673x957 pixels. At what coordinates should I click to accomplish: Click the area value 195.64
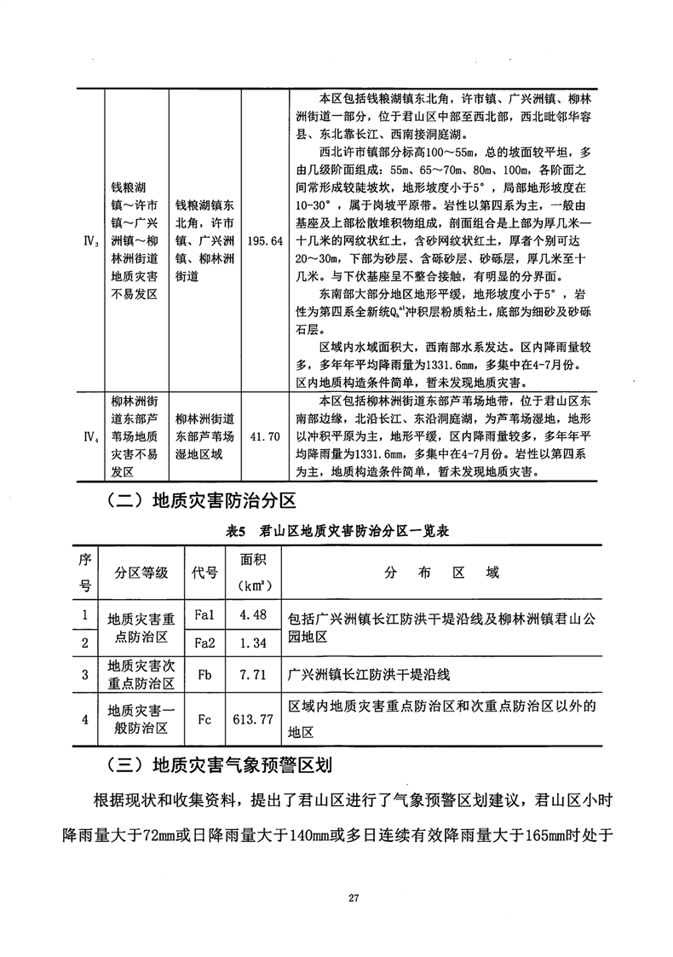[x=263, y=241]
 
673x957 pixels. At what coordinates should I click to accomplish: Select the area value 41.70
[x=263, y=436]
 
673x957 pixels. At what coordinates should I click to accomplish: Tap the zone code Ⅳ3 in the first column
[x=88, y=241]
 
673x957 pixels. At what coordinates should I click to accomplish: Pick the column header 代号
[x=204, y=572]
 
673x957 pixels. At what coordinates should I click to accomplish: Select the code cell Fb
[x=204, y=674]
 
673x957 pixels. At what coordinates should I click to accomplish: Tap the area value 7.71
[x=253, y=674]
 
